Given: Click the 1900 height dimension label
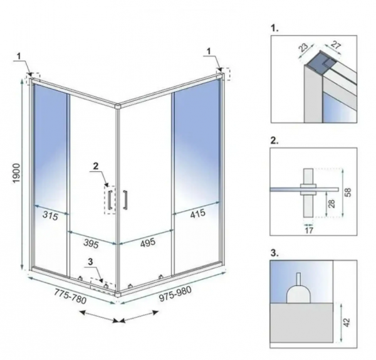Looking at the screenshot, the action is click(x=17, y=173).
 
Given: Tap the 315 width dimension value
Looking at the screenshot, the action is click(x=50, y=216).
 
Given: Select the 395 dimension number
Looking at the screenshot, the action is click(x=91, y=244).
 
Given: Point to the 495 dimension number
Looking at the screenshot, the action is click(x=148, y=243).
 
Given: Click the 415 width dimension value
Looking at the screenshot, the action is click(x=198, y=213).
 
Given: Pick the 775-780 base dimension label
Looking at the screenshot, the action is click(x=70, y=296).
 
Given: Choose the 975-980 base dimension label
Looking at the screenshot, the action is click(x=175, y=294).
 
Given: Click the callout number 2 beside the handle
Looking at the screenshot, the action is click(x=96, y=166).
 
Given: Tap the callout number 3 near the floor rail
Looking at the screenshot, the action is click(x=90, y=262).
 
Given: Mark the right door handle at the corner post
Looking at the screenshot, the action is click(x=125, y=199).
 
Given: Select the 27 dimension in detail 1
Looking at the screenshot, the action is click(x=336, y=45).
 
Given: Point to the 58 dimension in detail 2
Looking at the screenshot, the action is click(x=348, y=193).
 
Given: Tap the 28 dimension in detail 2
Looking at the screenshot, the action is click(x=332, y=204).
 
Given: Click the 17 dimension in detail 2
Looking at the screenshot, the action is click(x=310, y=231).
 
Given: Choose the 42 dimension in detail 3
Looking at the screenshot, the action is click(x=347, y=322).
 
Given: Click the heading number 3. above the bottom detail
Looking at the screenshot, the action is click(x=274, y=253).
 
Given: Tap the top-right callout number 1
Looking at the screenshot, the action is click(x=209, y=51).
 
